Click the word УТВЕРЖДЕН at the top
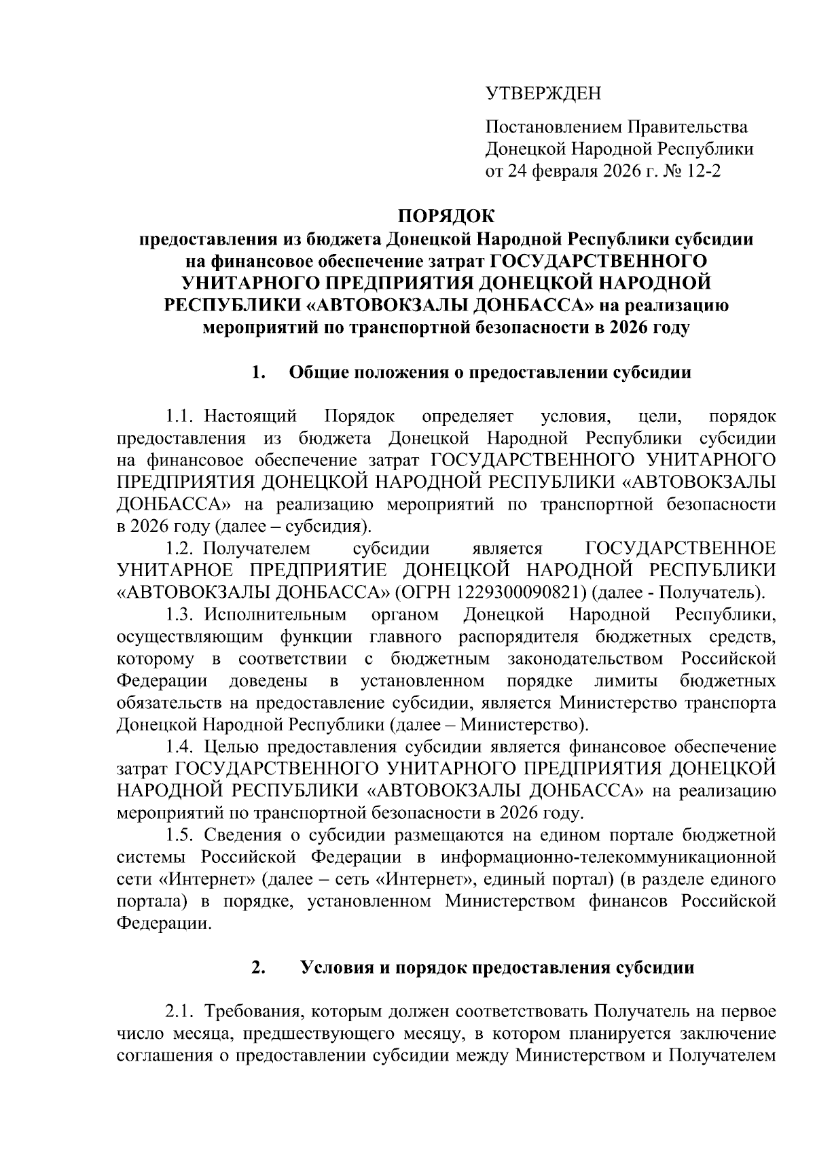[543, 94]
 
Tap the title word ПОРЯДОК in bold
[446, 217]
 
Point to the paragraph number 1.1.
[181, 416]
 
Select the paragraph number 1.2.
[181, 548]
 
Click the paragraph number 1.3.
[181, 615]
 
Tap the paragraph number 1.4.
[181, 747]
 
